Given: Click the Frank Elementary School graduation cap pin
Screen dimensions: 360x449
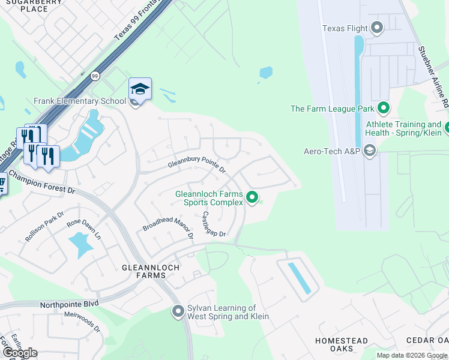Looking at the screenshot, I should pyautogui.click(x=140, y=89).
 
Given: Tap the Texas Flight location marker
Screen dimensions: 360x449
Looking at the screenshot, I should pyautogui.click(x=377, y=27).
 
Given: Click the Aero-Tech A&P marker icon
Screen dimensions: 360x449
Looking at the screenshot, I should pyautogui.click(x=369, y=151).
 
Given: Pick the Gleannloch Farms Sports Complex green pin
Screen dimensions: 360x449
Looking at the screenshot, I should pyautogui.click(x=253, y=197).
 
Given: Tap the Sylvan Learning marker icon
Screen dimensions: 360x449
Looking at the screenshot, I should pyautogui.click(x=178, y=311).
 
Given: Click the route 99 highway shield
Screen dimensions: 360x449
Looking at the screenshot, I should pyautogui.click(x=95, y=76).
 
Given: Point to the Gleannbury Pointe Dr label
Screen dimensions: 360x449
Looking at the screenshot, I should pyautogui.click(x=196, y=166).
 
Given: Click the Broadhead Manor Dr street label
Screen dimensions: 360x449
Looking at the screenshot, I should pyautogui.click(x=167, y=224).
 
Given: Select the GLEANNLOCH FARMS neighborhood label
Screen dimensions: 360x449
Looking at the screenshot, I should pyautogui.click(x=143, y=271).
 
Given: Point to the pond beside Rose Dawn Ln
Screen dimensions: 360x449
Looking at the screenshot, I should pyautogui.click(x=82, y=243).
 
